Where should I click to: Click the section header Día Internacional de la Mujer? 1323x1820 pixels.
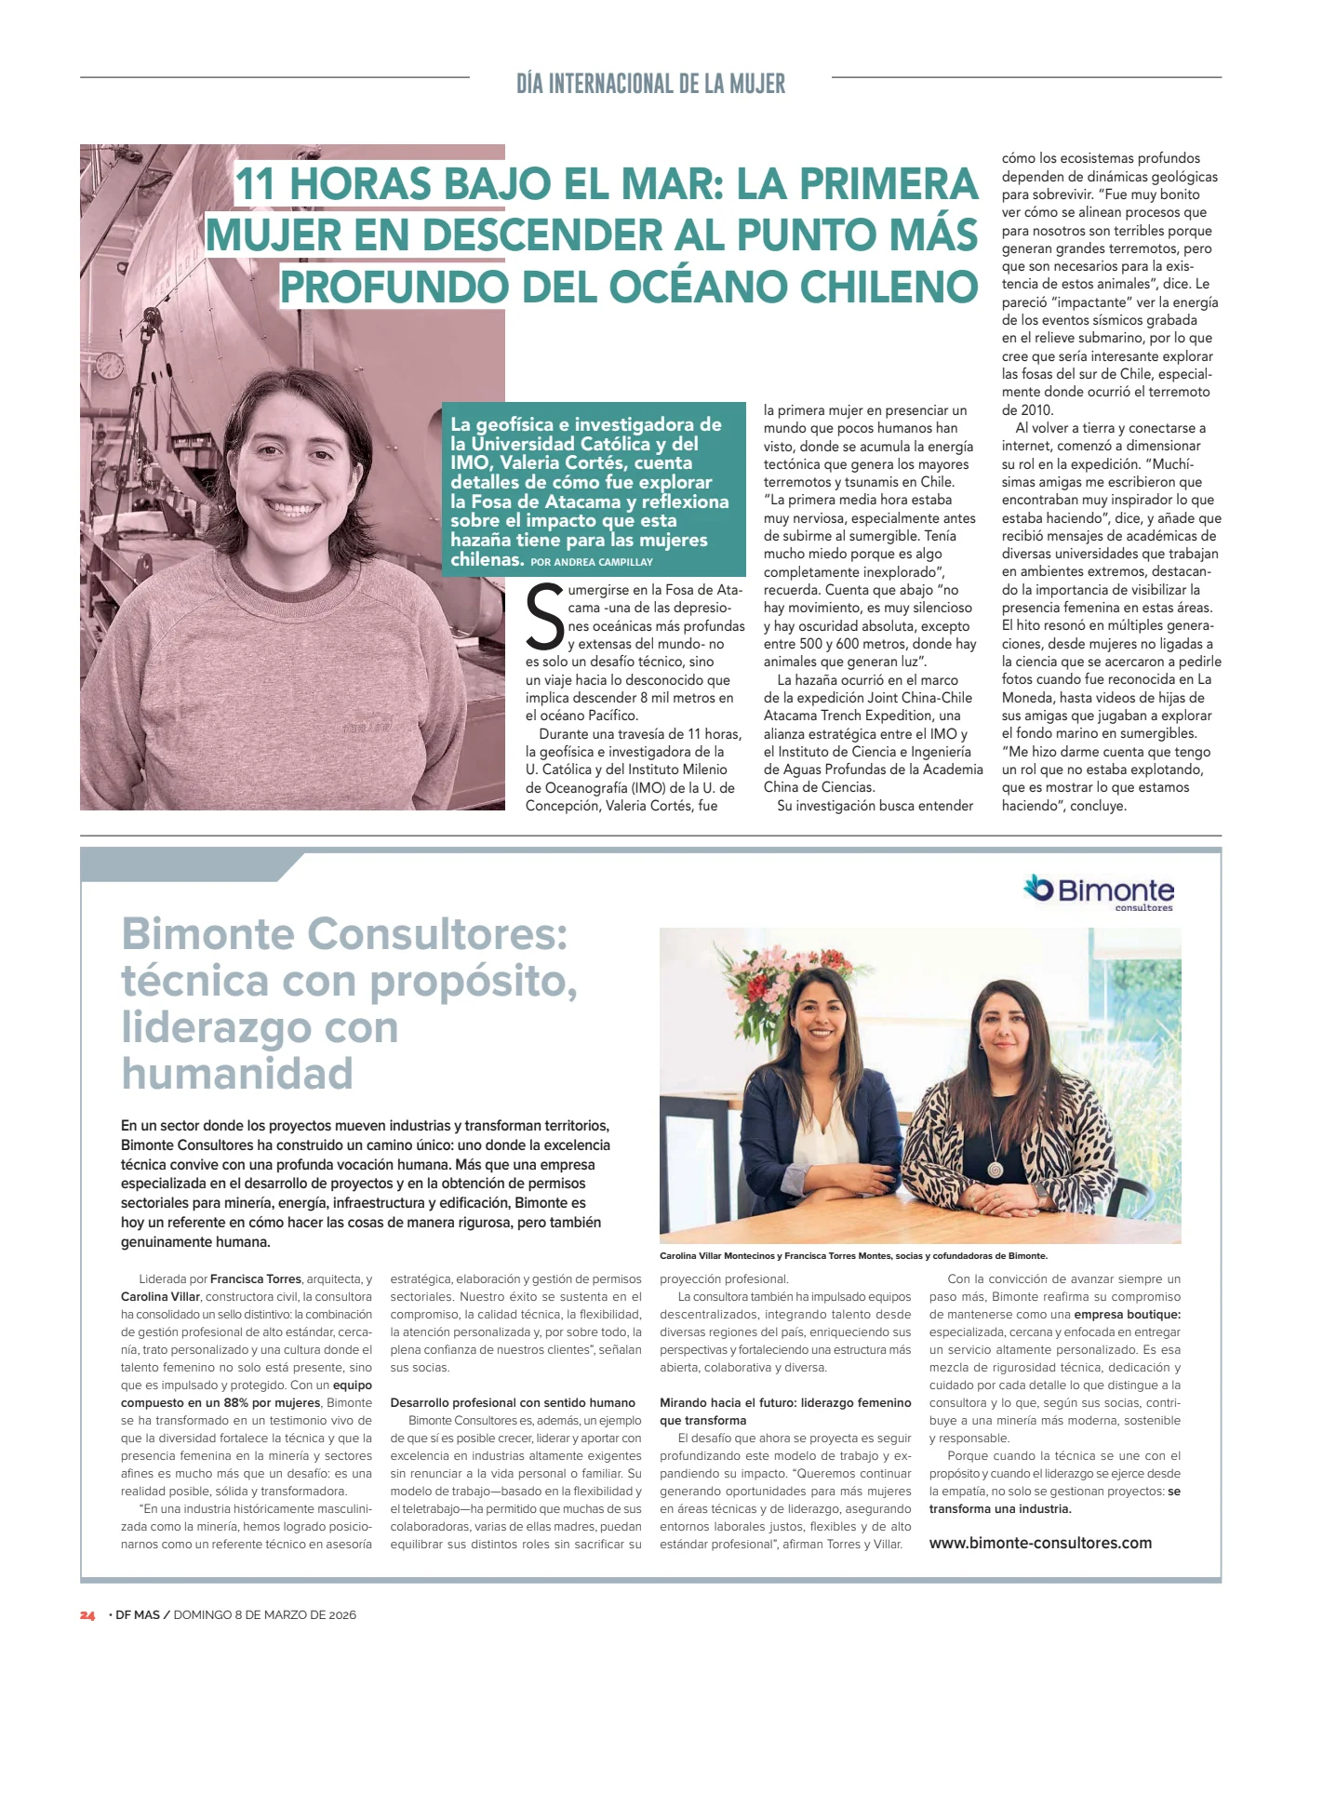click(650, 84)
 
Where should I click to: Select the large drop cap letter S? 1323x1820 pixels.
click(544, 616)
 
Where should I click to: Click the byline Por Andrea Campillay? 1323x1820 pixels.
click(592, 562)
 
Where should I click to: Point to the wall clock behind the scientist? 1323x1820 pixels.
click(110, 364)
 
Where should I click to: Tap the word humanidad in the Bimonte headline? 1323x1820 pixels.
click(237, 1073)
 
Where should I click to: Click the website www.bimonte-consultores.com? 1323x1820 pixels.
click(1040, 1543)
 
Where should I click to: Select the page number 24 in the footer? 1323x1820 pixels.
click(87, 1615)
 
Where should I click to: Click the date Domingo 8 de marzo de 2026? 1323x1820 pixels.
click(264, 1615)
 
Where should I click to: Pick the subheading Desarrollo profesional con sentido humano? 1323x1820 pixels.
click(513, 1402)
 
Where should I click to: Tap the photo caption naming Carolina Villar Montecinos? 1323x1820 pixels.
click(853, 1256)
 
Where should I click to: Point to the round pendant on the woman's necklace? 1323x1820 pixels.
click(996, 1167)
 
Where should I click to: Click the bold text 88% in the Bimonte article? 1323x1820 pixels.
click(235, 1403)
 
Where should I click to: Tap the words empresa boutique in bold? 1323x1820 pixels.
click(1127, 1315)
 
